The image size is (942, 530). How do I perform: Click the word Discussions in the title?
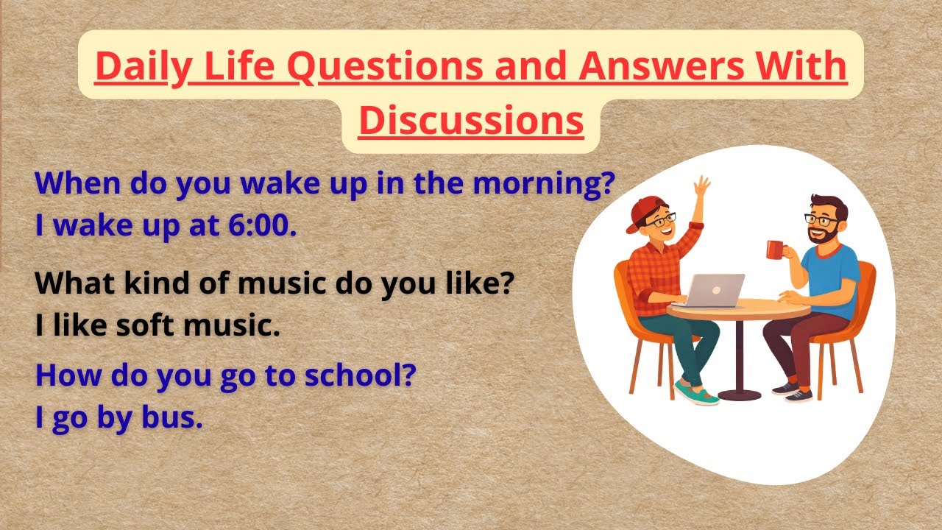(471, 120)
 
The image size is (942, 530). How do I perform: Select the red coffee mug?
(775, 249)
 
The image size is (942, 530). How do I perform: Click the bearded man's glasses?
(821, 219)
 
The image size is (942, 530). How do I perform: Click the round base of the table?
(738, 395)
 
